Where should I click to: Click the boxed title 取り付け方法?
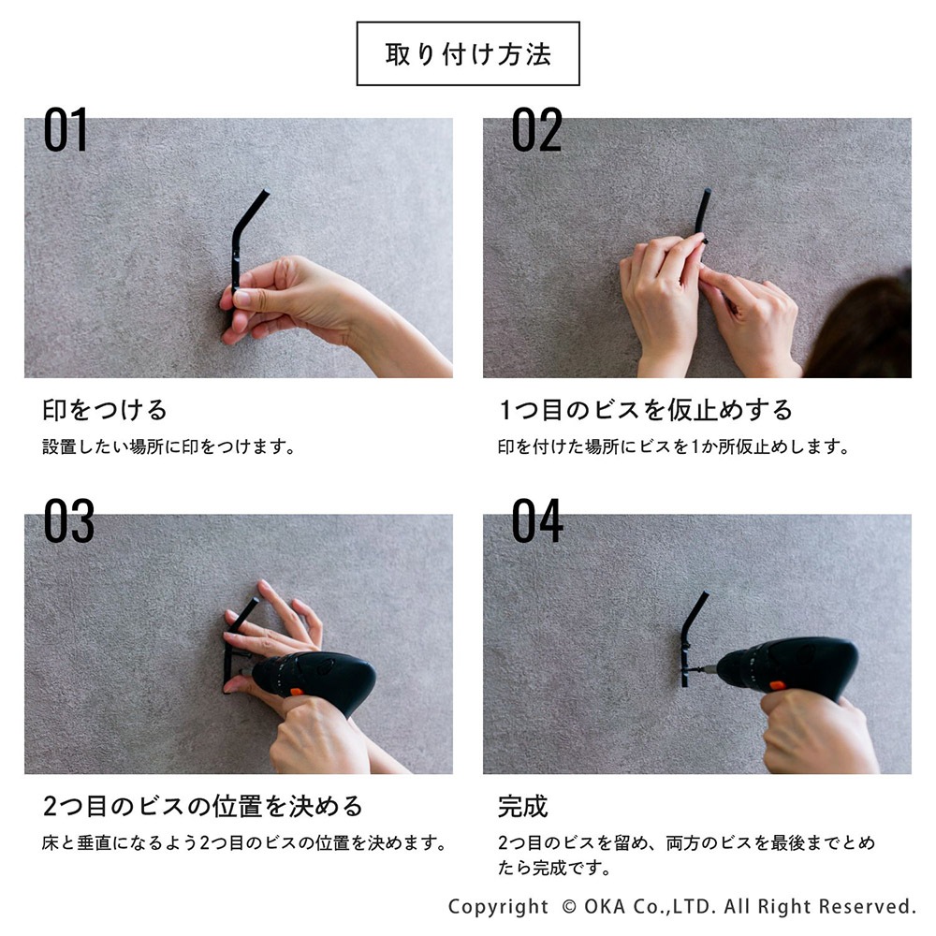(468, 53)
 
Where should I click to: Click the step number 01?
(66, 129)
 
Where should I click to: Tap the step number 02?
(536, 129)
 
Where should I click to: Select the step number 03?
(68, 520)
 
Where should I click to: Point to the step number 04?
(537, 520)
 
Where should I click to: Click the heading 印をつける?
(105, 410)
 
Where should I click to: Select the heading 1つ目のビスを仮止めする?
(645, 410)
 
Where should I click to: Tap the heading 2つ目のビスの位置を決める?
(202, 806)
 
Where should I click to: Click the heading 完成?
(523, 806)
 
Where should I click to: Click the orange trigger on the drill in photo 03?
(296, 693)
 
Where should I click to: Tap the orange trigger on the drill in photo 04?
(777, 685)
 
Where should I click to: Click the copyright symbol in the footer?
(569, 907)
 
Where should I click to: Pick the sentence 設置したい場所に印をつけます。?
(168, 446)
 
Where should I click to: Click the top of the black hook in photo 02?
(707, 191)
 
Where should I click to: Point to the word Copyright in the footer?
(499, 907)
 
